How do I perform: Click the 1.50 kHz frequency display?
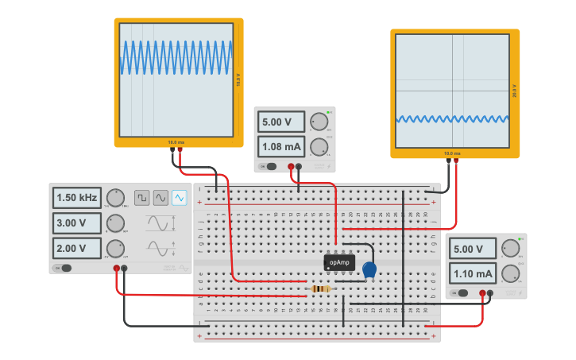(x=77, y=197)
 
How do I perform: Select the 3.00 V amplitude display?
(x=77, y=223)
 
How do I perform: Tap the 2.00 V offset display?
(x=77, y=248)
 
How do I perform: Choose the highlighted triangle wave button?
(x=180, y=197)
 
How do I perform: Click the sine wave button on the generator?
(x=161, y=197)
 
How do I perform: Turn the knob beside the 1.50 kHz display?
(x=116, y=197)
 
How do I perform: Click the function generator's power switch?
(x=62, y=268)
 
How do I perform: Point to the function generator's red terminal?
(x=117, y=269)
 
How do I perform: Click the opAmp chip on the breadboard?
(x=339, y=262)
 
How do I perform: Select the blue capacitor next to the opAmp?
(x=369, y=270)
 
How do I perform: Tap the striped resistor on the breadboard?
(x=321, y=288)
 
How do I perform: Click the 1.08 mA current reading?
(x=281, y=147)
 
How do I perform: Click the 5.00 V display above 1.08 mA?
(x=281, y=122)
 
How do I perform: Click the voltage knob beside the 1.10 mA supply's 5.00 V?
(x=510, y=248)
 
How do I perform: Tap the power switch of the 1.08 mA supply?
(x=269, y=166)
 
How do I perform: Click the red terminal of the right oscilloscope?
(x=456, y=161)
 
